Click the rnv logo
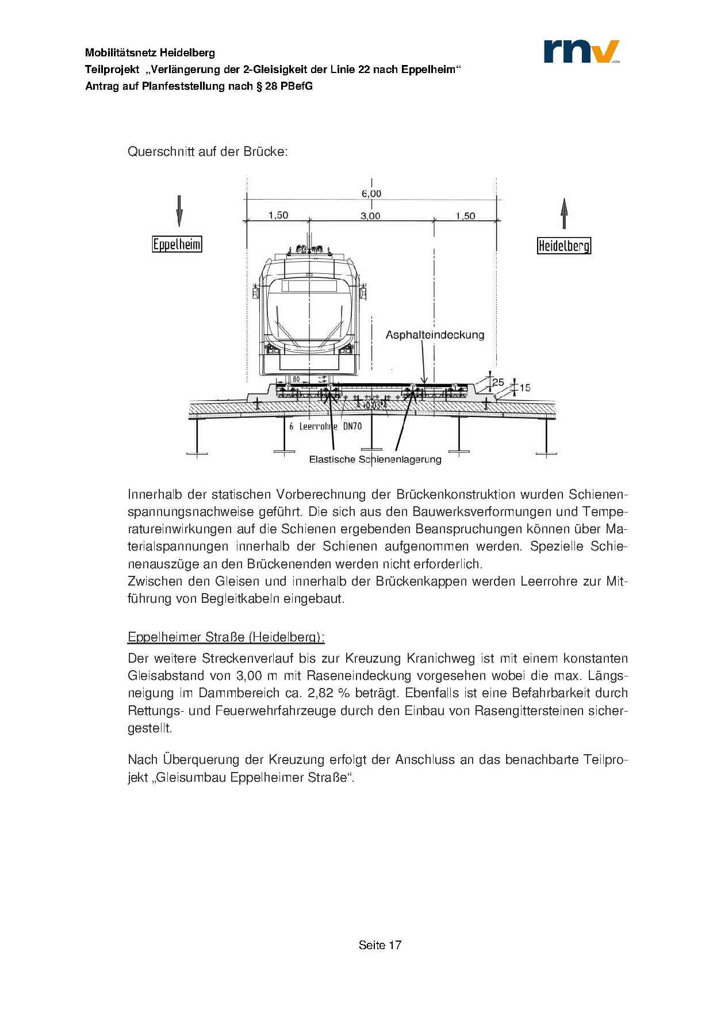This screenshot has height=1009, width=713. point(581,51)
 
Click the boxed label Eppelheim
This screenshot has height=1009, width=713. point(177,244)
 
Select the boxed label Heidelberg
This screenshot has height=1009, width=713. point(563,246)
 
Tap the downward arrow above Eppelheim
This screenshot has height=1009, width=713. point(179,211)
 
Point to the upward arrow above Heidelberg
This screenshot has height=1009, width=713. point(564,213)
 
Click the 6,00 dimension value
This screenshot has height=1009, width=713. point(371,194)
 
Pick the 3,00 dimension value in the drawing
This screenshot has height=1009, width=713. point(370,216)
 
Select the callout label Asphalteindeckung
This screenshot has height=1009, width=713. point(435,335)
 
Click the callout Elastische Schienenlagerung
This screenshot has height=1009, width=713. point(375,459)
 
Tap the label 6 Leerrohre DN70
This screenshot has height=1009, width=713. point(325,426)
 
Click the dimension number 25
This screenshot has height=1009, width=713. point(498,382)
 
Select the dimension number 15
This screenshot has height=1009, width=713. point(525,388)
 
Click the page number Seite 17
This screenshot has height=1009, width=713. point(379,945)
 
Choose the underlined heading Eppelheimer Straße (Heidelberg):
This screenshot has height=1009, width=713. point(226,637)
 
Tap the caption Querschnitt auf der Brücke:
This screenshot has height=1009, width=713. point(207,152)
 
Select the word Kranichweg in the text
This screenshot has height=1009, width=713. point(440,658)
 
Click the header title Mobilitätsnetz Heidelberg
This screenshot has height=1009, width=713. point(150,53)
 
